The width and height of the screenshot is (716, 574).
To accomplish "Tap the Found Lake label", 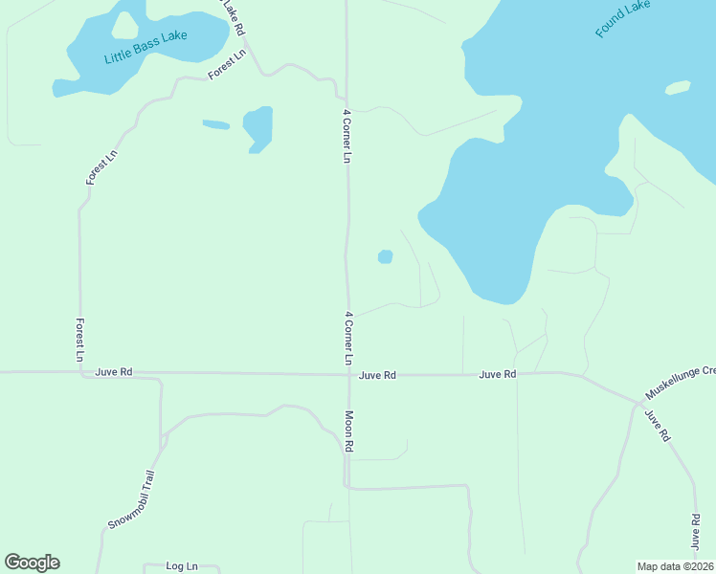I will point(622,19).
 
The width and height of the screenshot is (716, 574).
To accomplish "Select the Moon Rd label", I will point(349,431).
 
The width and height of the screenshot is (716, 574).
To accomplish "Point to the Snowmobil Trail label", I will point(130,500).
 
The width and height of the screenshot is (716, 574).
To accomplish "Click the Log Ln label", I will point(181,566).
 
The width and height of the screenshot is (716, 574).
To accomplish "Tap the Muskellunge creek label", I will point(680,382).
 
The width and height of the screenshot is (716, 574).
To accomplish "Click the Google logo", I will point(32,563).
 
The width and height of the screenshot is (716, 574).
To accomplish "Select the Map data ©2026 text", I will point(675,565).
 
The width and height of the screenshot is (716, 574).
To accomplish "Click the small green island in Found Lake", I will point(678,88).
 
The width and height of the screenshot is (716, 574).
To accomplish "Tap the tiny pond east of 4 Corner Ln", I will point(385,256).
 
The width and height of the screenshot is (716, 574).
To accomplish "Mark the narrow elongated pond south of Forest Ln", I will point(215,124).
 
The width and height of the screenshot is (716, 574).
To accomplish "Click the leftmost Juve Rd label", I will point(114,371).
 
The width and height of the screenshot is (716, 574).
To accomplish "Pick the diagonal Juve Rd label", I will point(656,425).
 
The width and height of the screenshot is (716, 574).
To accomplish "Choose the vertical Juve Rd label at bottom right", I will point(696,531).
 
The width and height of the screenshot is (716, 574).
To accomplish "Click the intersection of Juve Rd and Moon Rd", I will point(347,374).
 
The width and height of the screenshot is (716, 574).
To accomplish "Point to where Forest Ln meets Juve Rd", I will point(79,371).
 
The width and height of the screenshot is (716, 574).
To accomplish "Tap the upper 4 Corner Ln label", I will point(347,136).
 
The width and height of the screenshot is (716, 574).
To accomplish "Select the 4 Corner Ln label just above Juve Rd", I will point(349,338).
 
